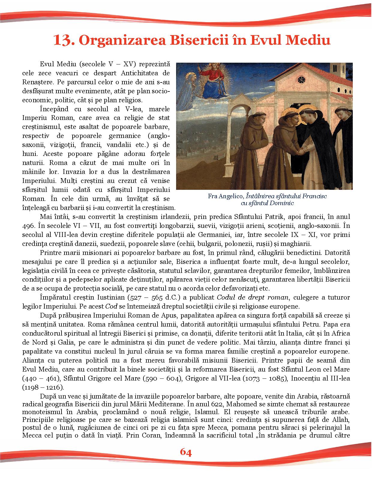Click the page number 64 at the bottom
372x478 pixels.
pos(186,452)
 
